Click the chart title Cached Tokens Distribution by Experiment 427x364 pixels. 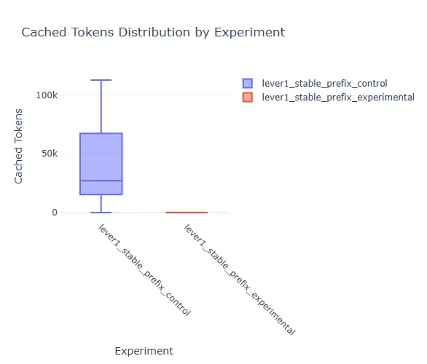pos(153,32)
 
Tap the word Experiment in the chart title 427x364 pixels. pos(249,32)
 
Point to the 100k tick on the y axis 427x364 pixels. pos(47,95)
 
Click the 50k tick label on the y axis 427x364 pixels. pos(50,154)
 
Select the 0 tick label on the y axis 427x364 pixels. pos(55,212)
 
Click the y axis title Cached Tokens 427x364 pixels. pos(18,146)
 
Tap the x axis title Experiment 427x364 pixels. pos(144,351)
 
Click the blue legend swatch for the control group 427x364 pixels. pos(247,83)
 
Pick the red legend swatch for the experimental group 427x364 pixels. pos(247,97)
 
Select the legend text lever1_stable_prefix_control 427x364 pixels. pos(324,83)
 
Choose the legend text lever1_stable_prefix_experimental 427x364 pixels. pos(338,97)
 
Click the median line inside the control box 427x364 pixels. pos(101,181)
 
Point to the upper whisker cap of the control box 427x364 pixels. pos(101,80)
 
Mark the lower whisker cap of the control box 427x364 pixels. pos(101,212)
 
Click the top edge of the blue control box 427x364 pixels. pos(101,133)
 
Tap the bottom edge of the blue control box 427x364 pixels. pos(101,194)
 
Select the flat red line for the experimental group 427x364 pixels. pos(187,212)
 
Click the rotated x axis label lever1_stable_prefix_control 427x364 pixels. pos(144,270)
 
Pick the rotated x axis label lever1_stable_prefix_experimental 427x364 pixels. pos(240,280)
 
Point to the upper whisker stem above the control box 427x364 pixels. pos(101,106)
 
